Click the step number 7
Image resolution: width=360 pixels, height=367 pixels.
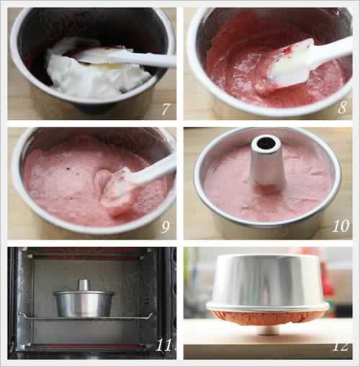(x=166, y=109)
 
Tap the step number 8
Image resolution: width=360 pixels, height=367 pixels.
(x=342, y=107)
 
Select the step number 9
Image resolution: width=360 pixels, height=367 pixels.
(x=166, y=227)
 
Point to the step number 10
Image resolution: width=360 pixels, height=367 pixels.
(x=341, y=226)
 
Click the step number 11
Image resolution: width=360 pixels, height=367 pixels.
(x=164, y=345)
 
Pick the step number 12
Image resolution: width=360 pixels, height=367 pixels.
(x=341, y=347)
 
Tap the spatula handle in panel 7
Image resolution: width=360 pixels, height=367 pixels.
(x=143, y=60)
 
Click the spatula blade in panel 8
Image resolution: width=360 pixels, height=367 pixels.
(x=290, y=65)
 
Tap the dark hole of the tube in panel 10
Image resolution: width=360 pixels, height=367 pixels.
(x=266, y=143)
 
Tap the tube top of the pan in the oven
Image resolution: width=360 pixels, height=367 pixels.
(x=84, y=285)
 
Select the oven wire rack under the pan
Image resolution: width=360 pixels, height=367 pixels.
(x=86, y=317)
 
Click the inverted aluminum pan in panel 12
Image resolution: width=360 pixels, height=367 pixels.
(x=268, y=283)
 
